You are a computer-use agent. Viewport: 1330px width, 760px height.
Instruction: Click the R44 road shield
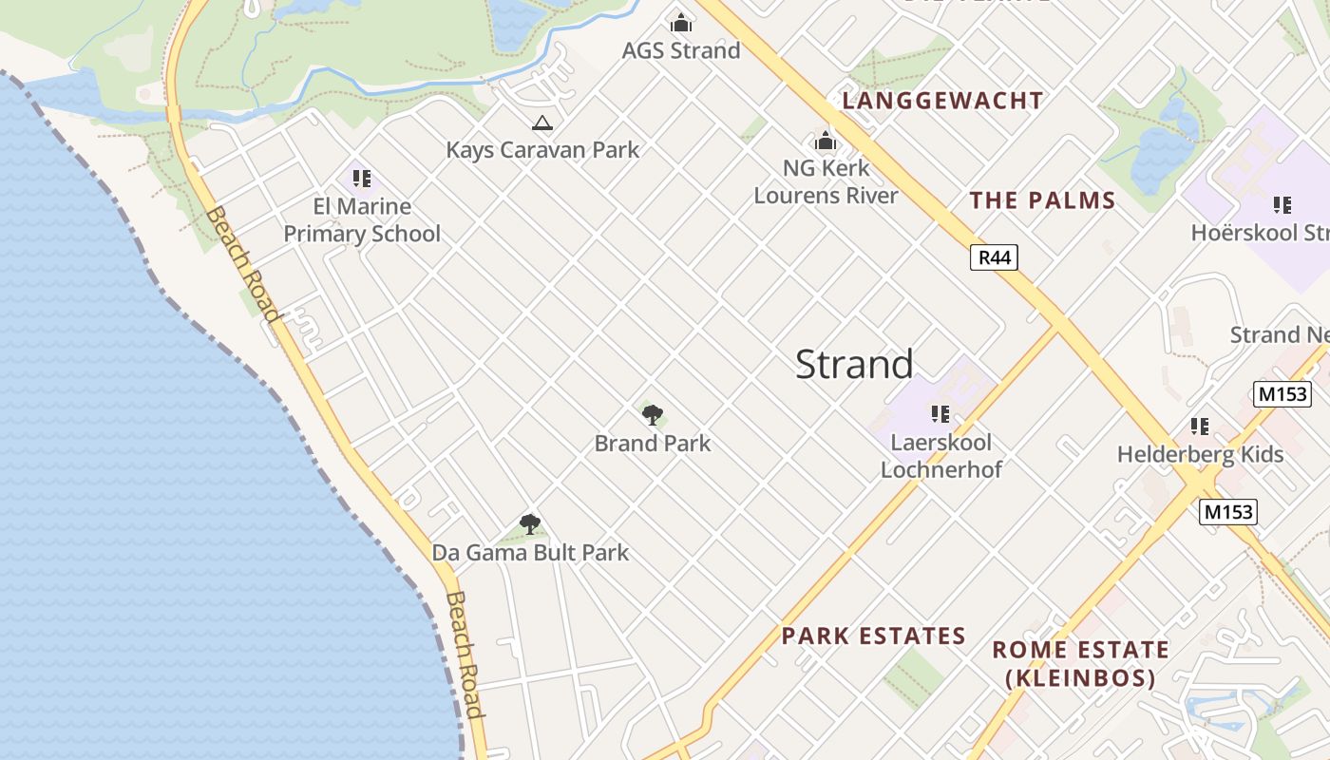click(994, 256)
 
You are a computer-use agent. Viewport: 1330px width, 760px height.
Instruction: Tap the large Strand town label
click(854, 364)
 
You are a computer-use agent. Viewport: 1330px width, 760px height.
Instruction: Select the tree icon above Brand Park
click(652, 414)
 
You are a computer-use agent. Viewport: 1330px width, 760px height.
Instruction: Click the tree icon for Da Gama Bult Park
click(530, 523)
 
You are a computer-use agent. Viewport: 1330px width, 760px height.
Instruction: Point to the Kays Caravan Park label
click(542, 149)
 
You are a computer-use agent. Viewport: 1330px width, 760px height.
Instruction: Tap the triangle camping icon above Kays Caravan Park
click(541, 123)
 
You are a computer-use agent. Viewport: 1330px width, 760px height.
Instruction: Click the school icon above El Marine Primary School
click(361, 178)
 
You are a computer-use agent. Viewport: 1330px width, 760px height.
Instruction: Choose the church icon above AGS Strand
click(680, 22)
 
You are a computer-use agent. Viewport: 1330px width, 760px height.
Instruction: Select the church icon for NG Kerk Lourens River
click(825, 142)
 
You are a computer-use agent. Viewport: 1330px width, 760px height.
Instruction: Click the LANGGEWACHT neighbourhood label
click(942, 101)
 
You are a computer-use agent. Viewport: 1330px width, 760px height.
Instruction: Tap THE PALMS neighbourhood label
click(1042, 200)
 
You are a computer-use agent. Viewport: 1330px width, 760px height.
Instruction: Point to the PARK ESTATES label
click(873, 636)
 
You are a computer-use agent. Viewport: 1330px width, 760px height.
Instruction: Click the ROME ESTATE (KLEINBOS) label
click(1080, 663)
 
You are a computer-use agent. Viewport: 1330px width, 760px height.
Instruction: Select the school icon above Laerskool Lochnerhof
click(940, 413)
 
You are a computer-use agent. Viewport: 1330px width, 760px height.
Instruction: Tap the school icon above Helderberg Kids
click(1200, 427)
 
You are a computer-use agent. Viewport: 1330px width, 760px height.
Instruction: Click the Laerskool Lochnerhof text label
click(940, 455)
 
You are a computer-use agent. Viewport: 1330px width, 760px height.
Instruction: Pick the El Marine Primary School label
click(362, 219)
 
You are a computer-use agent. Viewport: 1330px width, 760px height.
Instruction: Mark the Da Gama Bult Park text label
click(530, 552)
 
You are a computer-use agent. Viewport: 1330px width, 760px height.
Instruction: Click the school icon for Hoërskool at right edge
click(1282, 204)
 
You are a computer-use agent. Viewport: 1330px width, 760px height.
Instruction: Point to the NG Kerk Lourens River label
click(826, 181)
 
